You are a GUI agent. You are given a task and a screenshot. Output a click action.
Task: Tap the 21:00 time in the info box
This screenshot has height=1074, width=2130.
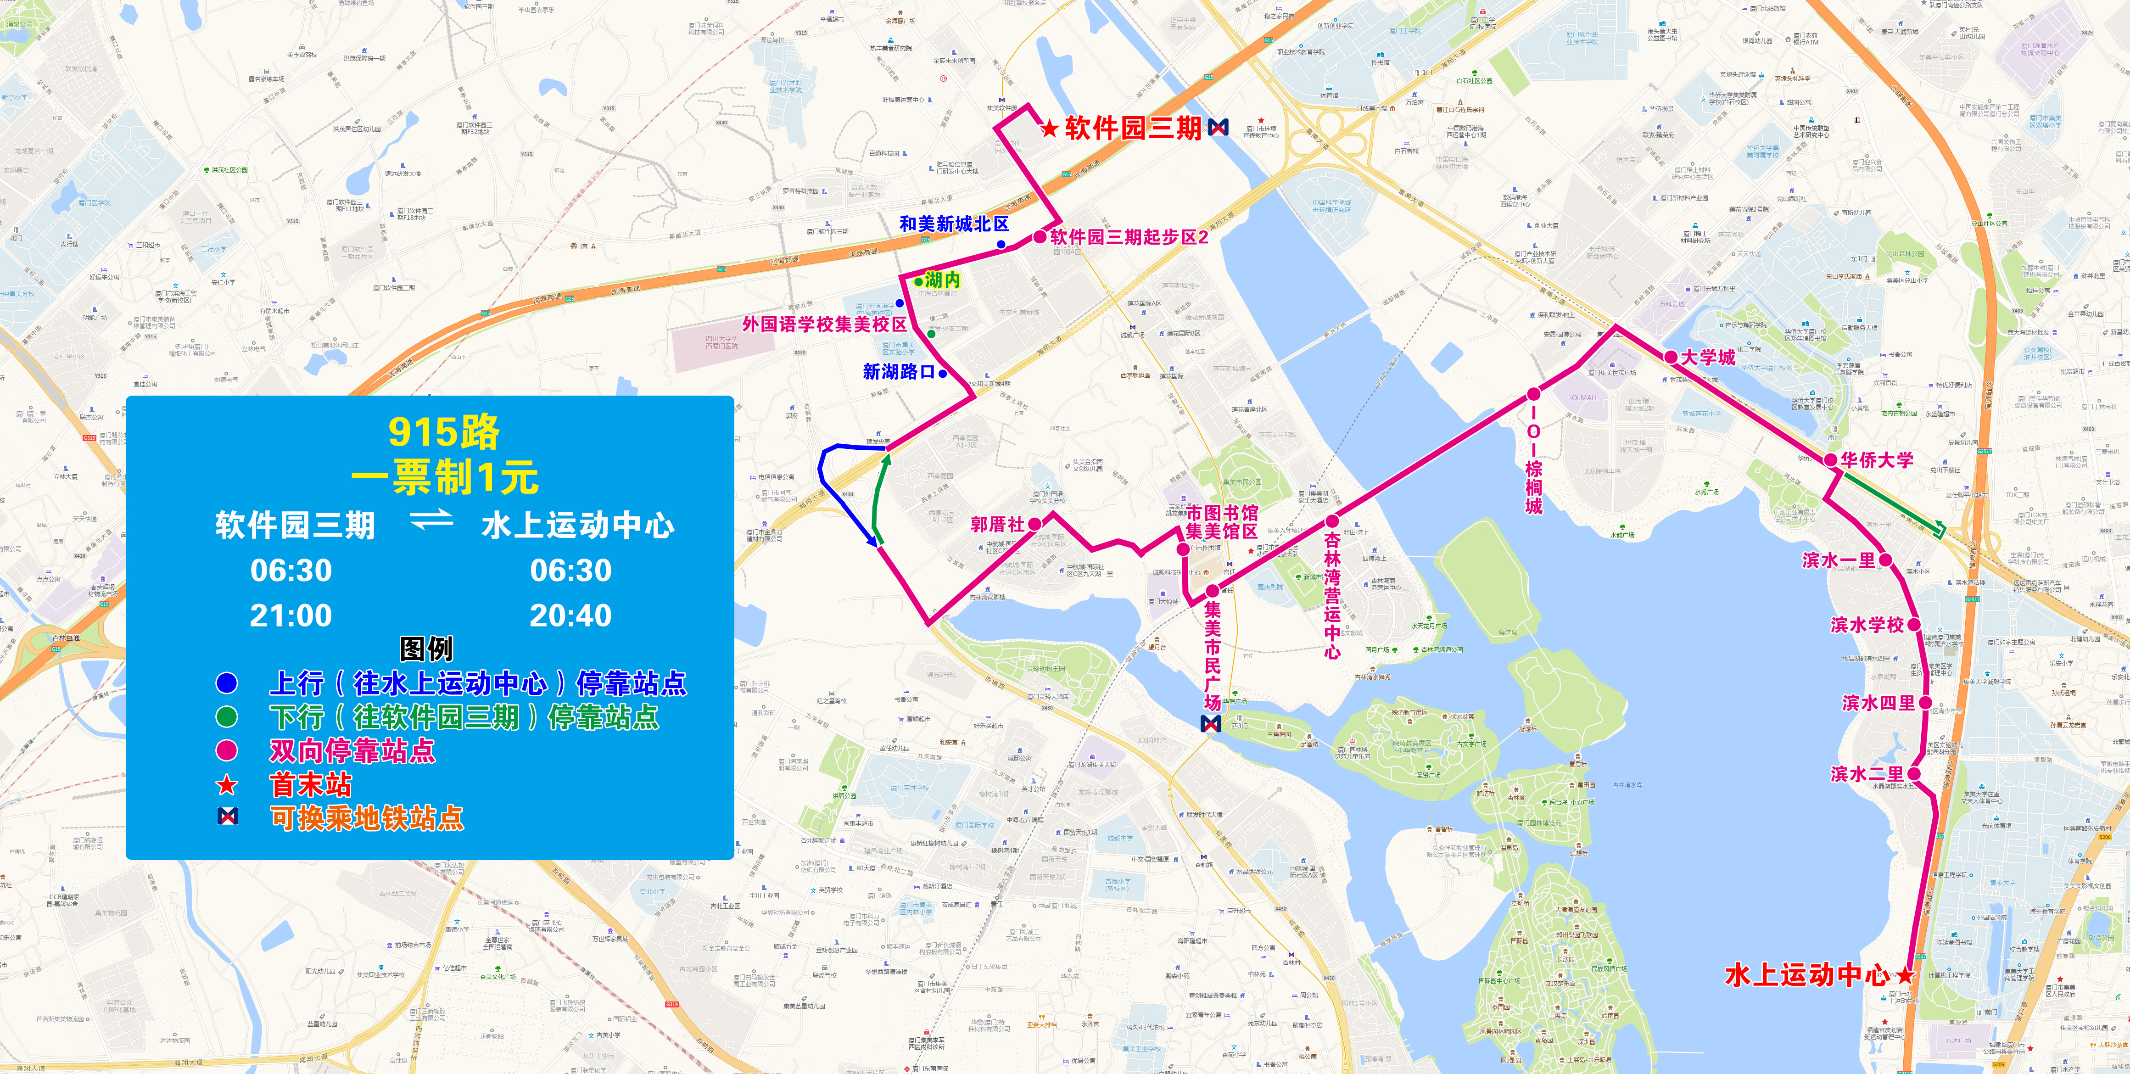(x=291, y=616)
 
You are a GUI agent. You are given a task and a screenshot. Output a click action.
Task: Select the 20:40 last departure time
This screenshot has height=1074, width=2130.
(x=570, y=616)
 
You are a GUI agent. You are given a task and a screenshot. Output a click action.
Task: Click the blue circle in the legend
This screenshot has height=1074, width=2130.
(x=227, y=683)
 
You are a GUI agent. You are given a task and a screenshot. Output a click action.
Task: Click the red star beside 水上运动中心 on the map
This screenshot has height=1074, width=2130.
(x=1905, y=976)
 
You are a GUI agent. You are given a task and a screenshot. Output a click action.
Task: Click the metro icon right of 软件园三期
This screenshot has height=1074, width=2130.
(x=1218, y=127)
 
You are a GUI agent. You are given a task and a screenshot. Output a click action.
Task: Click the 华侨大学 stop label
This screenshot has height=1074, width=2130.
(x=1877, y=460)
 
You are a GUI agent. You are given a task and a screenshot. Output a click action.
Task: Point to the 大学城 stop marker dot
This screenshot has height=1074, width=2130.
(x=1671, y=357)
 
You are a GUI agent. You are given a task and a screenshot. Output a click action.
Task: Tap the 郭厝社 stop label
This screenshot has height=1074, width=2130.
(x=997, y=524)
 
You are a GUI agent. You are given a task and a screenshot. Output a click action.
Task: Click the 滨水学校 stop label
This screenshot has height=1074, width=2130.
(x=1867, y=625)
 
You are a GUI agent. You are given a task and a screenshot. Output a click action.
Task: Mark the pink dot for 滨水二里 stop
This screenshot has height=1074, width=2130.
(x=1913, y=774)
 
